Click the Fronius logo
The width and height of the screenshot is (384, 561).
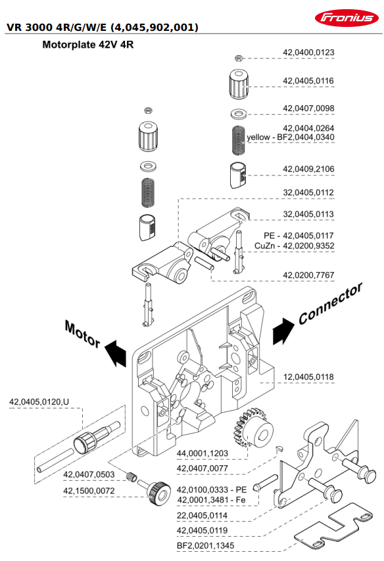coord(347,18)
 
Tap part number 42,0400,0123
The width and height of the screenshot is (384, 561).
coord(308,53)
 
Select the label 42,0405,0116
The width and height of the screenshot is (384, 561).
coord(308,81)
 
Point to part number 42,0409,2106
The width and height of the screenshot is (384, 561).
coord(308,169)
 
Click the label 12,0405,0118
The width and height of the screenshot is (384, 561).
coord(308,377)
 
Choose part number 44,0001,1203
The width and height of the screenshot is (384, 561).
coord(203,453)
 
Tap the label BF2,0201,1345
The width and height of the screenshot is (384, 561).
coord(206,546)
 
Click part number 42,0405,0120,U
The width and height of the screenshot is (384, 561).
coord(39,402)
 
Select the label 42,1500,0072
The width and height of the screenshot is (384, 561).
coord(89,491)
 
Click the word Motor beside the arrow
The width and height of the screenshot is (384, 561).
coord(83,334)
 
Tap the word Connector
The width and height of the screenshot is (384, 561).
coord(331,303)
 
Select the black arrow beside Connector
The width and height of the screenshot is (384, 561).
coord(283,330)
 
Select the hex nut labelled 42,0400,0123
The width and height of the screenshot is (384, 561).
coord(239,58)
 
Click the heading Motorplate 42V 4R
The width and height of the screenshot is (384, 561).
coord(87,45)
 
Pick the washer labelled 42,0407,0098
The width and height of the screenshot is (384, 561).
coord(239,114)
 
